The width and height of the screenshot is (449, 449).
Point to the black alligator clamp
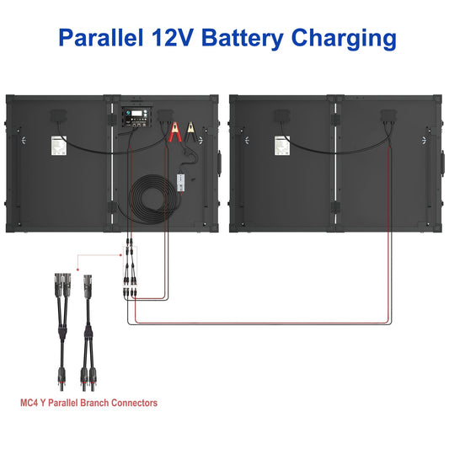click(192, 132)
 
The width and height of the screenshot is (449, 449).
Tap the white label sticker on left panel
click(60, 146)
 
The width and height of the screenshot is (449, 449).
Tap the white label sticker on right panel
click(281, 146)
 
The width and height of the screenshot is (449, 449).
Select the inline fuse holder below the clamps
click(184, 179)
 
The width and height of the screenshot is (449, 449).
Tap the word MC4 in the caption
click(30, 404)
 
